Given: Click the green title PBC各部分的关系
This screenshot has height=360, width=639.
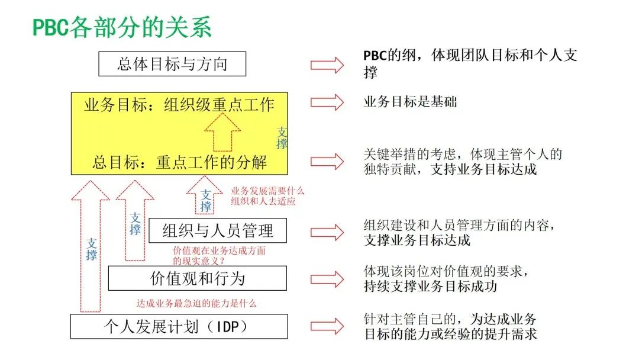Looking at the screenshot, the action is tap(122, 27).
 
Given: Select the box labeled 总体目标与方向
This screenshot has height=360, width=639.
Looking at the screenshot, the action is tap(172, 63).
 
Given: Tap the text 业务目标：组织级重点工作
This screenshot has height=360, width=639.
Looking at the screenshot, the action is tap(179, 105).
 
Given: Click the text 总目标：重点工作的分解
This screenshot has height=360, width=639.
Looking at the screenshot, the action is tap(179, 162).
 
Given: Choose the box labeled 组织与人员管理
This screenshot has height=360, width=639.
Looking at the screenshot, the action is tap(218, 231).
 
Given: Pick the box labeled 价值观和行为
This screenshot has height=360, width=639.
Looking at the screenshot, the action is tap(198, 278).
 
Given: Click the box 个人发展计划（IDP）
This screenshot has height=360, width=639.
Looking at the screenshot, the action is tap(179, 327).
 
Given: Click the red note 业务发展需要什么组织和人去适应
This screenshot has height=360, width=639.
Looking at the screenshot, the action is tap(267, 196).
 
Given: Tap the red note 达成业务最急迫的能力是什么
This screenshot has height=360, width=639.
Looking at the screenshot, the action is tap(196, 303).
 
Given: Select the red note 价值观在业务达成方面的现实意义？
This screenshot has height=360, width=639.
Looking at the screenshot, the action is tap(220, 256).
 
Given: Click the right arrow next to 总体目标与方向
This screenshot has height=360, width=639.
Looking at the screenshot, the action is tap(327, 65).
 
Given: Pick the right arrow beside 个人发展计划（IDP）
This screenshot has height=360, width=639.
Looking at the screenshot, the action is tap(327, 326).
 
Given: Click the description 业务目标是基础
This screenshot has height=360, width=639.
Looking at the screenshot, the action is tap(411, 101).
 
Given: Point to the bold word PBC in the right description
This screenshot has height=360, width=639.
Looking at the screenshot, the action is tap(375, 56).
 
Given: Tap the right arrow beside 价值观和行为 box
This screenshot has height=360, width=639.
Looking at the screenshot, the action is tap(327, 279).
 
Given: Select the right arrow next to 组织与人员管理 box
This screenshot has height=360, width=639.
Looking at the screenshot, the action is tap(327, 232).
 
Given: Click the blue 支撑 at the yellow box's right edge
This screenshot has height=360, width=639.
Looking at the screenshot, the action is tap(282, 138).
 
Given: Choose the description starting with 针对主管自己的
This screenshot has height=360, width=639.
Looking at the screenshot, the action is tap(450, 326).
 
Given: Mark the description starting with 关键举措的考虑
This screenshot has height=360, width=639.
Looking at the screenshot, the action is tap(463, 162).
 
